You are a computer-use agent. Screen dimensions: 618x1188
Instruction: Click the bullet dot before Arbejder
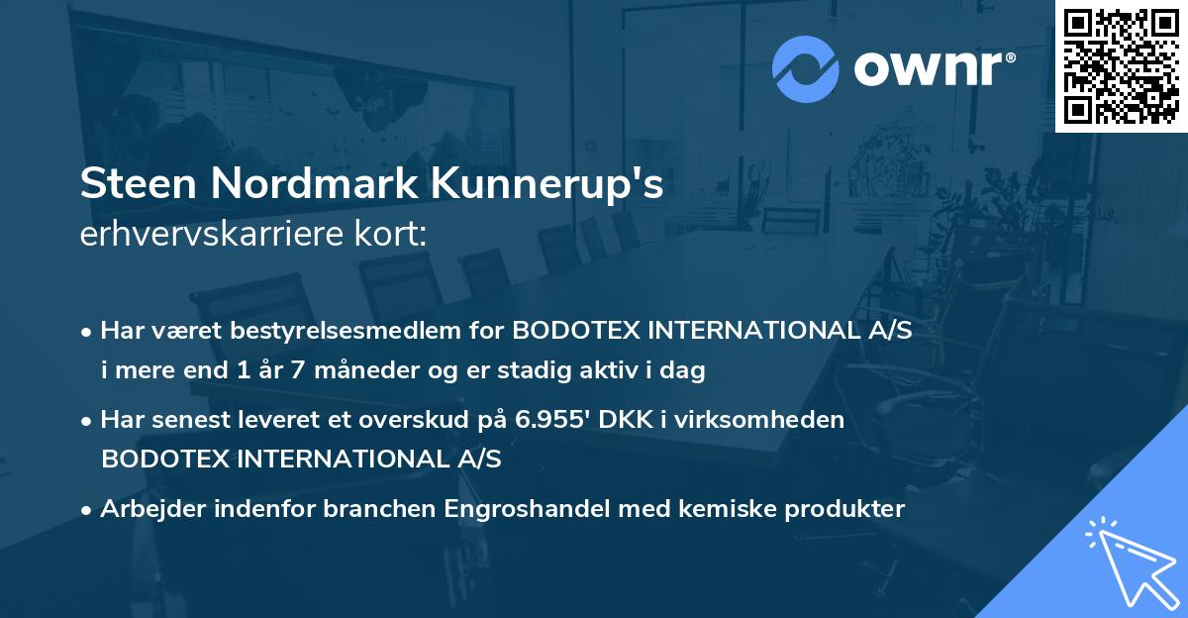(88, 510)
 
